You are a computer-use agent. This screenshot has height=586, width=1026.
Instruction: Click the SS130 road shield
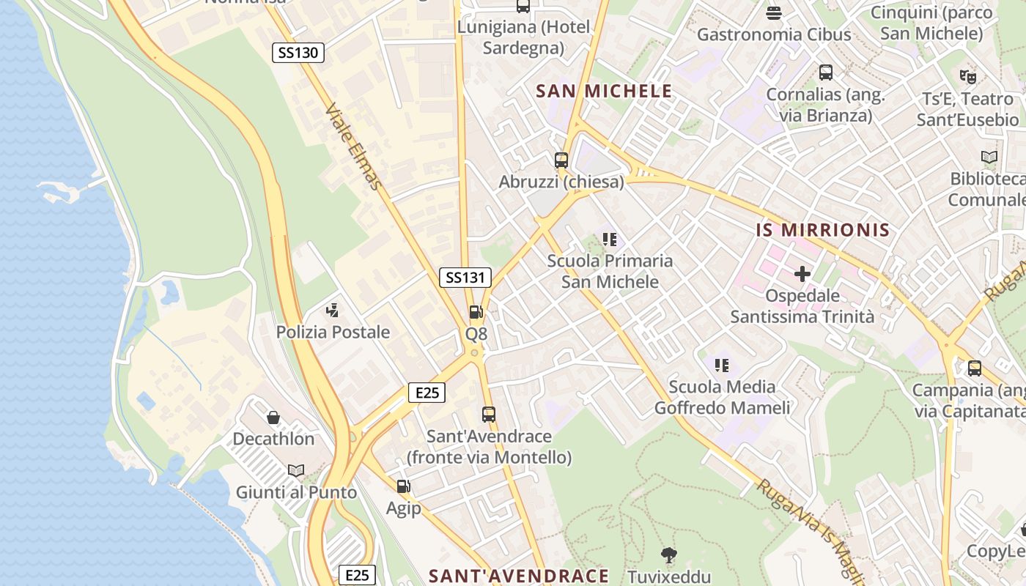(x=298, y=53)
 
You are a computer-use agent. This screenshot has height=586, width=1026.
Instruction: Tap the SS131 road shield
(x=465, y=278)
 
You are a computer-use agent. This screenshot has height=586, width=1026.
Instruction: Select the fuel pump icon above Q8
(x=476, y=312)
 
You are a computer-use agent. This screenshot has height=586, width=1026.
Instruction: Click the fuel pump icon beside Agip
(x=403, y=486)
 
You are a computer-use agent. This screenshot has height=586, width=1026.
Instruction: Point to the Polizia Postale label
(x=333, y=332)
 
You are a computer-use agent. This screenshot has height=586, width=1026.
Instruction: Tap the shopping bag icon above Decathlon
(x=273, y=418)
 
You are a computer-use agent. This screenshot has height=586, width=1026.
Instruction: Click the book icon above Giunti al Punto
(x=296, y=470)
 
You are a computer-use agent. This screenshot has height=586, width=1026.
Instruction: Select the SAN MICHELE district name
(x=604, y=91)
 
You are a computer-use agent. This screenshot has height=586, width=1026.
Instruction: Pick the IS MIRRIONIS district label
(x=823, y=230)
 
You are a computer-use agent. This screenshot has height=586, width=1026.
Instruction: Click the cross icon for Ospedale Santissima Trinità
(x=802, y=275)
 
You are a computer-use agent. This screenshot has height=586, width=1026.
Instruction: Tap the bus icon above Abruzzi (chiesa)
(x=561, y=160)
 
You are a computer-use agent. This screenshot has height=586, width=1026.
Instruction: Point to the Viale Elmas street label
(x=354, y=146)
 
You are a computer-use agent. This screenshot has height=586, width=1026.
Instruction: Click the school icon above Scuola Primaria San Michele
(x=610, y=239)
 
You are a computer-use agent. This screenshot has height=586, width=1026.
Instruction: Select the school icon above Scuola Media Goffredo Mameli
(x=722, y=365)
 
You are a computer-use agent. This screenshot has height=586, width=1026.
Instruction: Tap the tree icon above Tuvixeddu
(x=669, y=555)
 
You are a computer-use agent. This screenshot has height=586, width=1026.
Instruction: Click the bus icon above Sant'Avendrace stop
(x=489, y=415)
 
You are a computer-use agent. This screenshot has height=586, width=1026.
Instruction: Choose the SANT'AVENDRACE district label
(x=519, y=576)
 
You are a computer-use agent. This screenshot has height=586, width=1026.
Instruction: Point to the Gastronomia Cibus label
(x=774, y=34)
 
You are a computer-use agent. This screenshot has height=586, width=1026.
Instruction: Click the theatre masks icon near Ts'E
(x=967, y=75)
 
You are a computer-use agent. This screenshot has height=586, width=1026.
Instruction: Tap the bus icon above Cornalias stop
(x=826, y=73)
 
